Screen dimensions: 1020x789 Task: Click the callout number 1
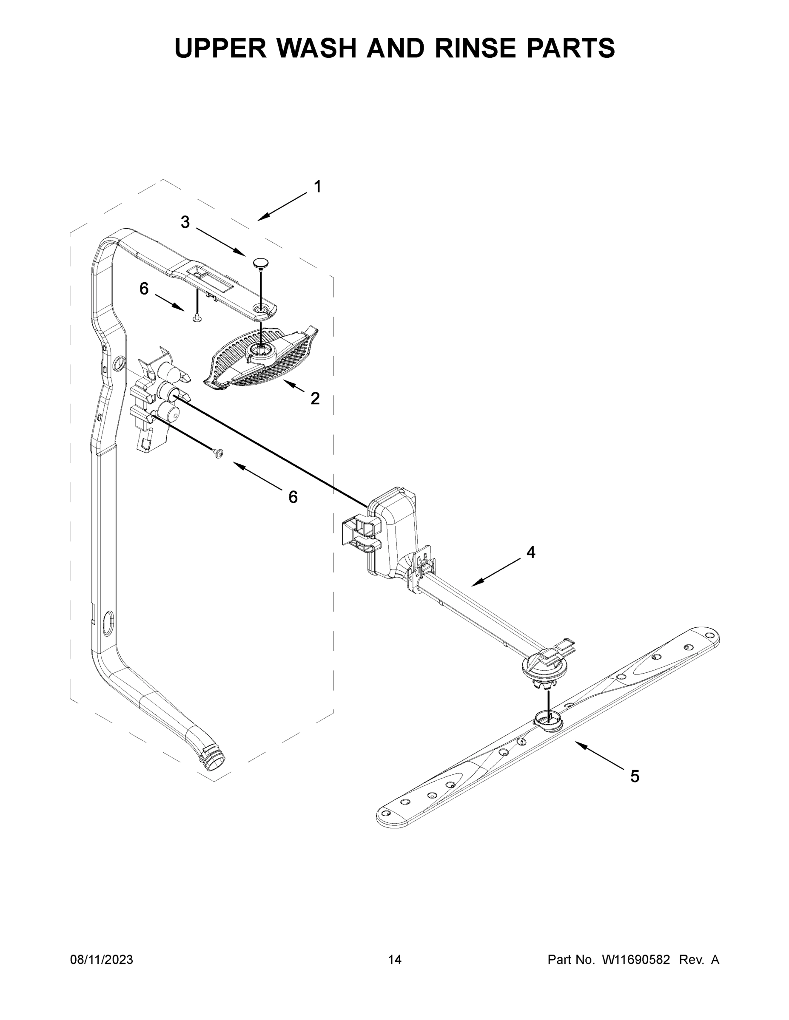[317, 187]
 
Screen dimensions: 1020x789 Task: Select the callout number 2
[315, 398]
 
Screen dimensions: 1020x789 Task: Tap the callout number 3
[185, 222]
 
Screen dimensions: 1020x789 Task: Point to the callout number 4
[530, 552]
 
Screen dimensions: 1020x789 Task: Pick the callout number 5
[634, 776]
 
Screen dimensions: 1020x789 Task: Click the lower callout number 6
[293, 497]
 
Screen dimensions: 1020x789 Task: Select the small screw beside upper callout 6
[197, 318]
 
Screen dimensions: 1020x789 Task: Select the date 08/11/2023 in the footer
[101, 960]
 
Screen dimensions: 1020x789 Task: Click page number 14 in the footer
[395, 960]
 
